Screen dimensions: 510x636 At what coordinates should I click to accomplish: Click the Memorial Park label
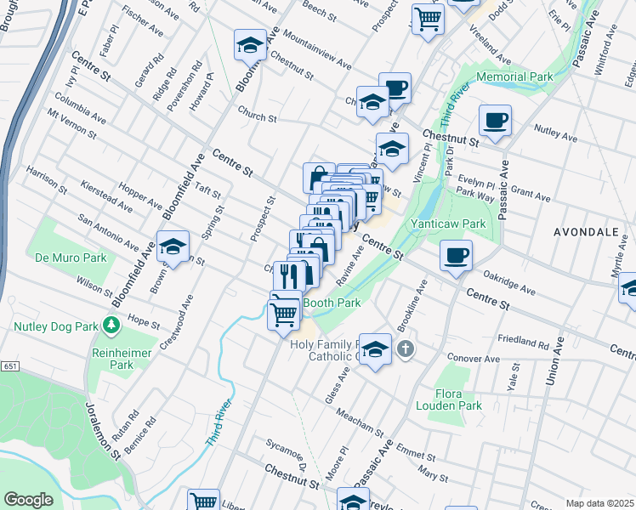[x=514, y=76]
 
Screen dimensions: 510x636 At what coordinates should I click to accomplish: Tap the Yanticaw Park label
[x=448, y=224]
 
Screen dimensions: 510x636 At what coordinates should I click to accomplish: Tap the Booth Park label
[x=332, y=302]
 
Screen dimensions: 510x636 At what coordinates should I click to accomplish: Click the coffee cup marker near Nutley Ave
[x=495, y=121]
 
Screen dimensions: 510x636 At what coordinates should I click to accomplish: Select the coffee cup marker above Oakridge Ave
[x=457, y=254]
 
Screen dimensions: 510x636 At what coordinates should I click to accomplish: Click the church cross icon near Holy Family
[x=406, y=348]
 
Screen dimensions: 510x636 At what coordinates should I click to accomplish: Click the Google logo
[x=28, y=500]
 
